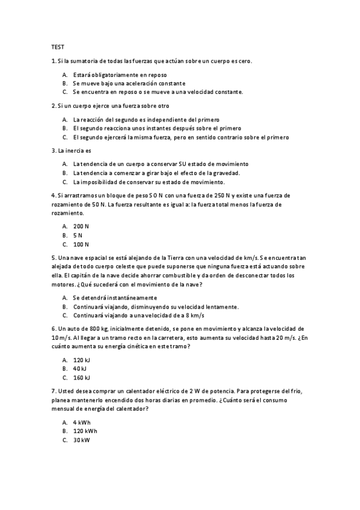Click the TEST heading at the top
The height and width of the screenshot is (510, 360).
point(58,46)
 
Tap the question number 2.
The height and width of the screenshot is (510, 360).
point(53,106)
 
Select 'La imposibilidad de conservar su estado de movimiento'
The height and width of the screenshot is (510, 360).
point(148,182)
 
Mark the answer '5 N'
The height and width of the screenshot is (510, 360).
point(78,236)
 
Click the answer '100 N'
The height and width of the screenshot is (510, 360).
point(81,245)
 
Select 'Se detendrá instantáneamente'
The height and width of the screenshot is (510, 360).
point(115,298)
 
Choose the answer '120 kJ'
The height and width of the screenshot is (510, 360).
point(81,360)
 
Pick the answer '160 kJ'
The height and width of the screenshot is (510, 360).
point(81,378)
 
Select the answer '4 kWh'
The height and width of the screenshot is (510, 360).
point(81,422)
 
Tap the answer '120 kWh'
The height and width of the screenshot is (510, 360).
point(85,431)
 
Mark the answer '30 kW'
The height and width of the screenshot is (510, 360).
point(81,440)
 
